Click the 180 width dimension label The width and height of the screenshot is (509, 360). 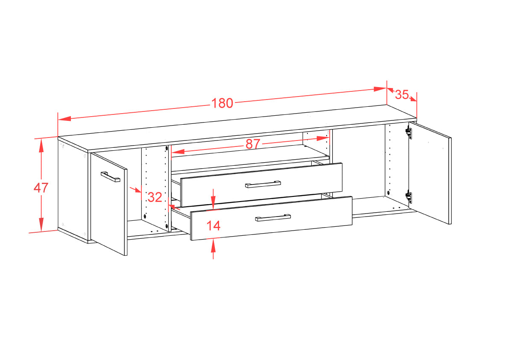222,103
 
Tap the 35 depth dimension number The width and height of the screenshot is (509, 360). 401,94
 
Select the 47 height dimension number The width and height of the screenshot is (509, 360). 41,187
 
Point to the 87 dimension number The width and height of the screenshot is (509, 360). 253,144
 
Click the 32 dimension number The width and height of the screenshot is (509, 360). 155,197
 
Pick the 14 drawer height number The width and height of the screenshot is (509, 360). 213,225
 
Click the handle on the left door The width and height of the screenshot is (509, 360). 110,177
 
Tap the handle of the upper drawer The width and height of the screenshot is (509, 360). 263,184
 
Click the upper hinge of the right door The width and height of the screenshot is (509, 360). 409,133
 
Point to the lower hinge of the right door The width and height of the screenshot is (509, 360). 409,197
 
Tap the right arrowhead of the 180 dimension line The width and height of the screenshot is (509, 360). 380,89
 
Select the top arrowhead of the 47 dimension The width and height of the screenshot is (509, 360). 41,146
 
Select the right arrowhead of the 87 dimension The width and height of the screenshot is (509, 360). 323,138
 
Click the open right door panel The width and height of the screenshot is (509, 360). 430,173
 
